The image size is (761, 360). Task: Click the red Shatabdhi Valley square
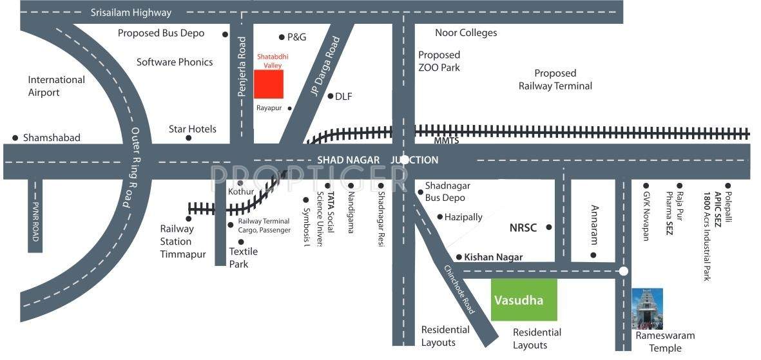point(269,84)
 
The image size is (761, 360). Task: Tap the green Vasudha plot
point(524,299)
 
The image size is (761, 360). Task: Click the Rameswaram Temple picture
point(647,309)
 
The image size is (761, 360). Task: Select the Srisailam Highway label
point(131,12)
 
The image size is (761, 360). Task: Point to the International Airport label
point(56,86)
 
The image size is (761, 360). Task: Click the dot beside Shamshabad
point(15,138)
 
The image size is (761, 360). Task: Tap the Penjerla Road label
point(242,67)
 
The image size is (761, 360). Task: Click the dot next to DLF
point(330,97)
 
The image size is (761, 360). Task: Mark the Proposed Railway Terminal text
point(555,79)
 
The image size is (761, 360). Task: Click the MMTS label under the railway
point(427,140)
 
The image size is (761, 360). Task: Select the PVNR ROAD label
point(35,220)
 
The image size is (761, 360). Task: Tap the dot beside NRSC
point(549,227)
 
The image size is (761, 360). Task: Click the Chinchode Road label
point(459,289)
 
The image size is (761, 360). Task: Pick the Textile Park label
point(243,258)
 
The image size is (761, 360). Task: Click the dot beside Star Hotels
point(189,138)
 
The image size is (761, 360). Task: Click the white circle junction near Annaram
point(623,271)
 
